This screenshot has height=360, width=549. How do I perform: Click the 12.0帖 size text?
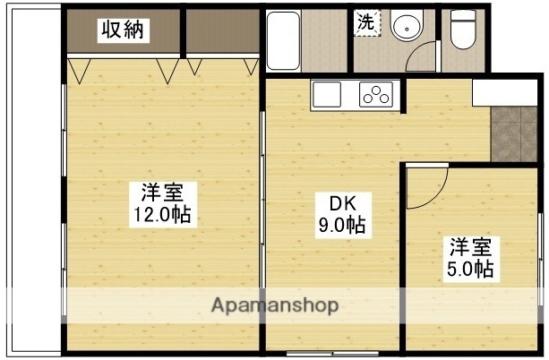coord(162,215)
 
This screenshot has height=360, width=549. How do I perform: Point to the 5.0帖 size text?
coord(470,268)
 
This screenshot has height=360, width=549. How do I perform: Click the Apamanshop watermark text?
coord(274,304)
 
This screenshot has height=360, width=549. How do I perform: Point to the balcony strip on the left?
coord(30,179)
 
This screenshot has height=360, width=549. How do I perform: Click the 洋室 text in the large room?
coord(162,193)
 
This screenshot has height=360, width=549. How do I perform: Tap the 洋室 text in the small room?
coord(470,244)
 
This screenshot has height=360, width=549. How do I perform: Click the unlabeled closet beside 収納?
coord(221,32)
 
